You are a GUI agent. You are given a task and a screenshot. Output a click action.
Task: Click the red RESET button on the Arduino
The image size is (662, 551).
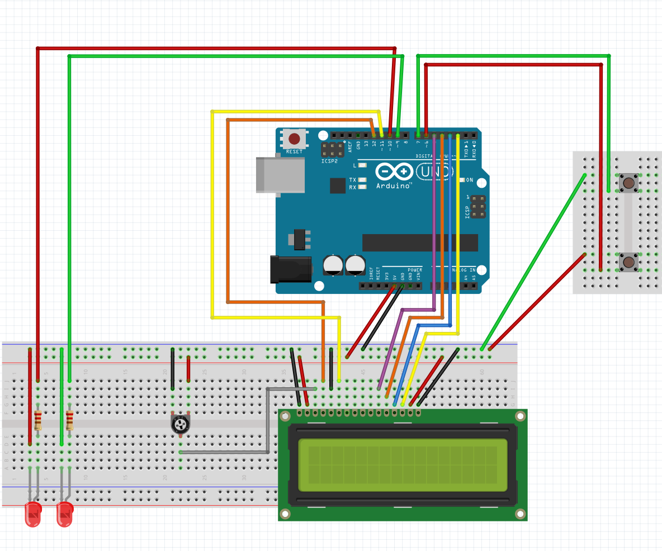click(x=294, y=139)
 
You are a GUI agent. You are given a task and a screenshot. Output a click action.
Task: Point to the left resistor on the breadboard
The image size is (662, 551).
click(x=37, y=420)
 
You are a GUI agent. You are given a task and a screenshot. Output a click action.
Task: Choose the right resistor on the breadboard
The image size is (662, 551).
click(x=69, y=420)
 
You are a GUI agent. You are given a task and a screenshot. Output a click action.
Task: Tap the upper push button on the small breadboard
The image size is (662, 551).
click(x=628, y=183)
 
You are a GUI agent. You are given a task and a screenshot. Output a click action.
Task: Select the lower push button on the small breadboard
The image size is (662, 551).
click(x=628, y=262)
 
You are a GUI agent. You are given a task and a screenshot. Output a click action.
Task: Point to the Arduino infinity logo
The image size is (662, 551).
click(x=394, y=172)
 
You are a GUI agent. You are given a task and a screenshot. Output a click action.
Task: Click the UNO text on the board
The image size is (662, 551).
click(x=434, y=172)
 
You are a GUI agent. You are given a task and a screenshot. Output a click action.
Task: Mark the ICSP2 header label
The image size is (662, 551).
click(x=329, y=161)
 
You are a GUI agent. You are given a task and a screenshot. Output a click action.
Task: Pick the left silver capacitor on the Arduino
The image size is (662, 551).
click(x=334, y=264)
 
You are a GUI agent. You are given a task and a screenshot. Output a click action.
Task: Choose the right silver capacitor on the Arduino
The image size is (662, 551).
click(x=355, y=264)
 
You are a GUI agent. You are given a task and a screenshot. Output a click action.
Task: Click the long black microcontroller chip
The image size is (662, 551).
click(x=420, y=243)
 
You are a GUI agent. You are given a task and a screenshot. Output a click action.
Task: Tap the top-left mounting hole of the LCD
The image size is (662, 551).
click(x=286, y=416)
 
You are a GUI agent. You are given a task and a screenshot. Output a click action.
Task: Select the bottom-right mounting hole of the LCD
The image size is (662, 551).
click(x=520, y=514)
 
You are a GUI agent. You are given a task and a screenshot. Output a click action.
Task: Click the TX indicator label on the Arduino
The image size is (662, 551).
click(x=352, y=180)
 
